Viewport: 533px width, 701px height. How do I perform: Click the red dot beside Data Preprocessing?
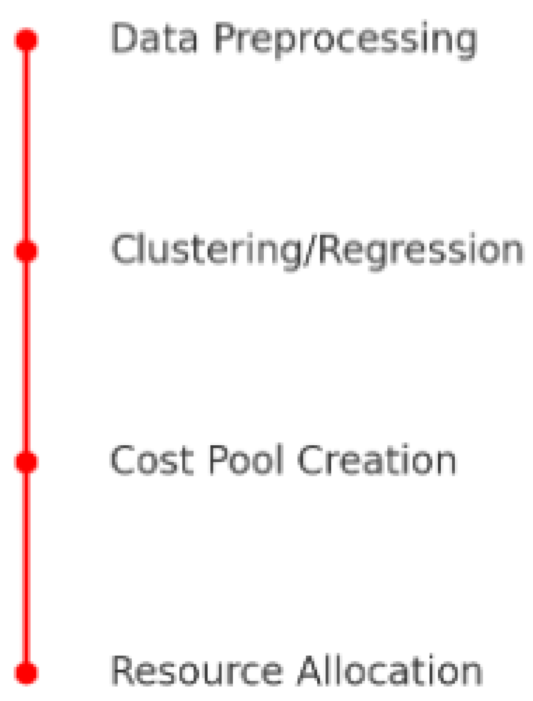point(26,40)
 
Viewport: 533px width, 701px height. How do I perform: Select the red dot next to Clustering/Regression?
point(26,251)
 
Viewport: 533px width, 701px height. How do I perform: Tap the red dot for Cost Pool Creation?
point(26,462)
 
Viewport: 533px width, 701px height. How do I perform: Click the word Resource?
point(197,671)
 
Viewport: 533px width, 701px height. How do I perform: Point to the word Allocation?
point(389,671)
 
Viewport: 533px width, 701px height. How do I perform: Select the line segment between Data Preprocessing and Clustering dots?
point(26,146)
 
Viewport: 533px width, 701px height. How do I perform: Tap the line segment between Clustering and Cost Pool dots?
point(26,357)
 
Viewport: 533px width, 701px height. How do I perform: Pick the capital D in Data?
point(123,39)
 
